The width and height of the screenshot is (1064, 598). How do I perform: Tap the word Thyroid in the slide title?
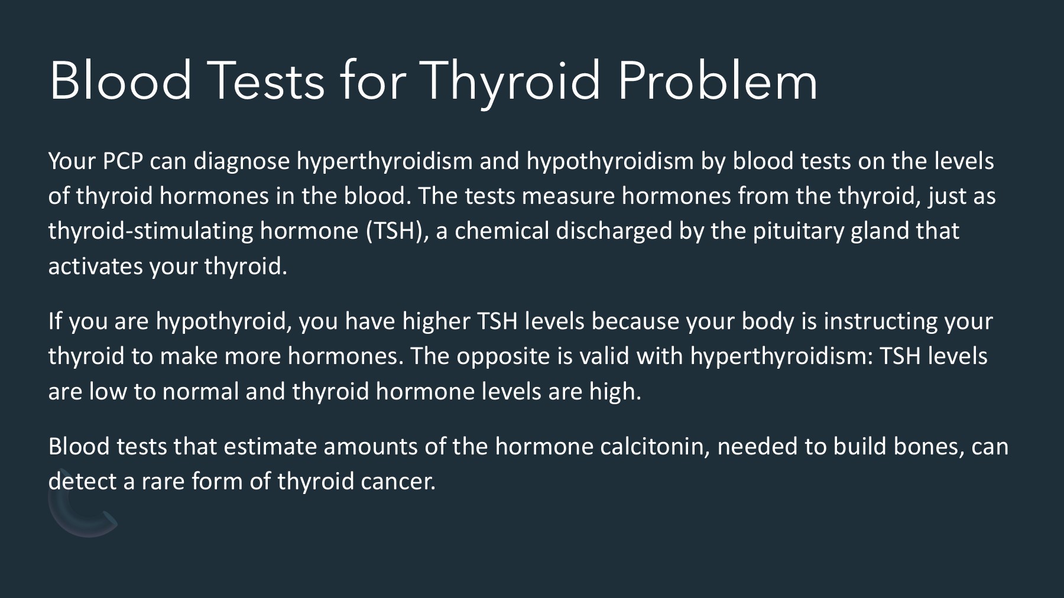(511, 82)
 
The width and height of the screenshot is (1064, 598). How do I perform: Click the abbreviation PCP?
(123, 161)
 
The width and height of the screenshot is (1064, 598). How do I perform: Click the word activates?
(95, 267)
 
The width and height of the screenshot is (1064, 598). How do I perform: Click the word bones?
(928, 447)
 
